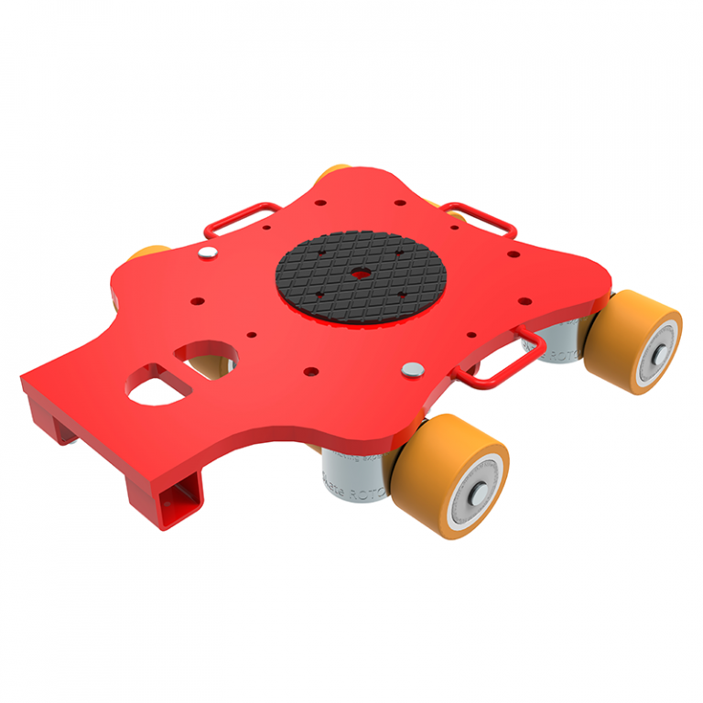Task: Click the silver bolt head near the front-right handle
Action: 414,370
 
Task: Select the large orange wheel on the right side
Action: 634,341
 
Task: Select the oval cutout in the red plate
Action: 211,355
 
